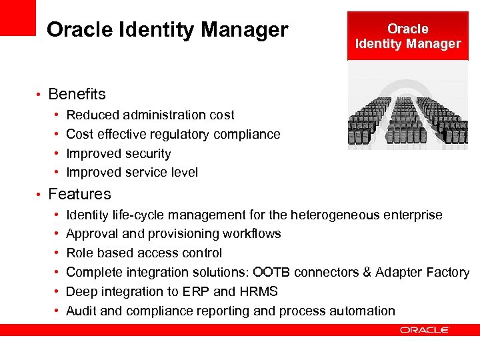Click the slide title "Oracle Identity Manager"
click(167, 30)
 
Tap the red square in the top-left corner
click(17, 17)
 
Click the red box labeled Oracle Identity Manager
click(407, 37)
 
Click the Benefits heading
click(77, 94)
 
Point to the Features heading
click(79, 194)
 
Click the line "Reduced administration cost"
click(150, 115)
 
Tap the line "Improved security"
click(119, 153)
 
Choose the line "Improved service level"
click(132, 173)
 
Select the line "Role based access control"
click(144, 253)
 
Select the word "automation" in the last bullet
click(363, 311)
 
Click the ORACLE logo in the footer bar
click(425, 330)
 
